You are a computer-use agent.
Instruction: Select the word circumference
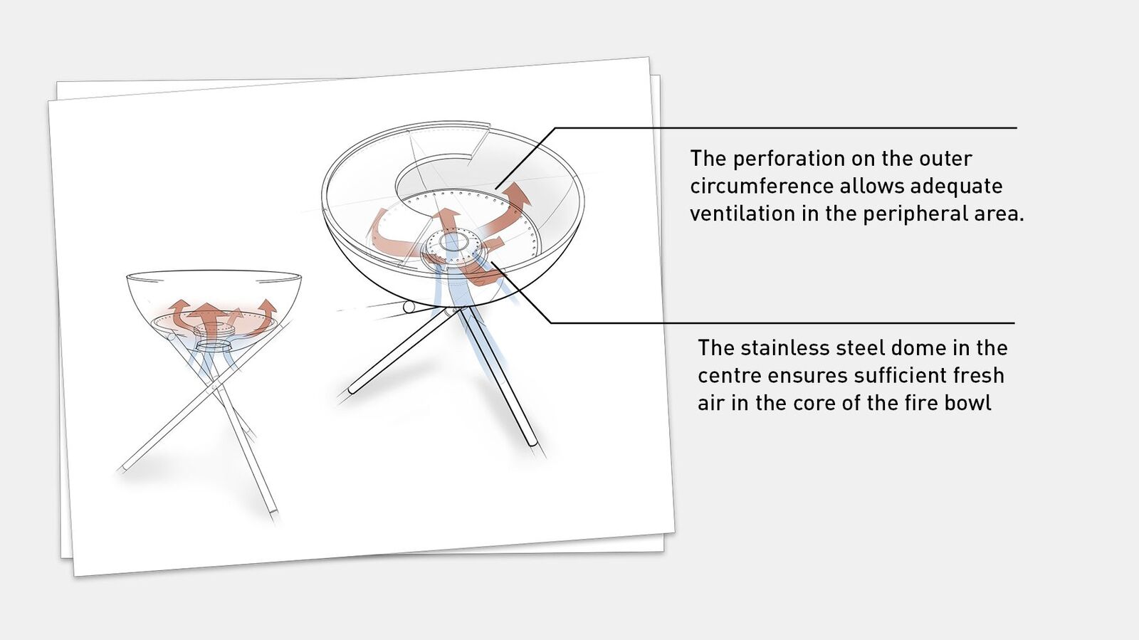[x=761, y=186]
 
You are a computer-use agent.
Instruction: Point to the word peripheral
[x=915, y=214]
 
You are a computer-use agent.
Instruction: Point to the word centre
[x=729, y=377]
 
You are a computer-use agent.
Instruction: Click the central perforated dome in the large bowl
[x=451, y=248]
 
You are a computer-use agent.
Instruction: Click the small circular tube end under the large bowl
[x=409, y=307]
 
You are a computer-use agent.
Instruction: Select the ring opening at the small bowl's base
[x=214, y=346]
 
